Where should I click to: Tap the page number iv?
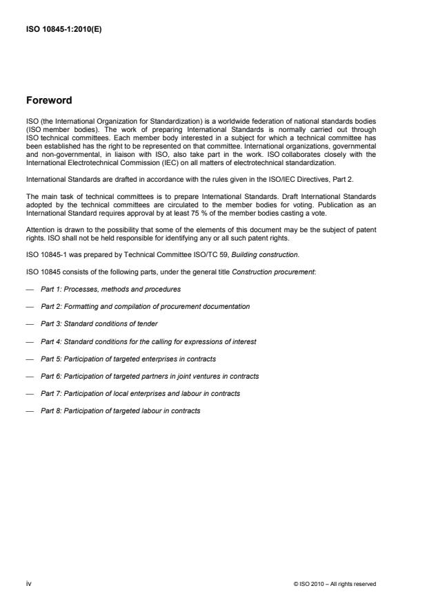click(28, 583)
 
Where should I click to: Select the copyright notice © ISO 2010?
click(335, 584)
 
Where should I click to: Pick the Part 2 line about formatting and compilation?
click(145, 305)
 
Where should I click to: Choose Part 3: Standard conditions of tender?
click(99, 323)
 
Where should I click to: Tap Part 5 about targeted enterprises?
click(128, 358)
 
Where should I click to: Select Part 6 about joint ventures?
click(150, 376)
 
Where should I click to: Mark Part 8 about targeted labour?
click(120, 410)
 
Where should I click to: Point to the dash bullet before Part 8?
click(30, 410)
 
